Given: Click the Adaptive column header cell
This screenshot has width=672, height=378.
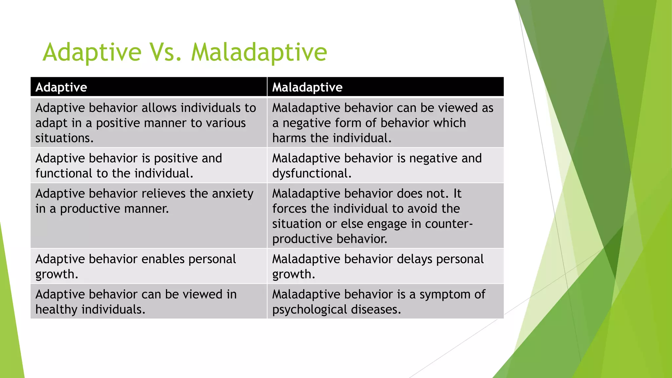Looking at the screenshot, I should (149, 87).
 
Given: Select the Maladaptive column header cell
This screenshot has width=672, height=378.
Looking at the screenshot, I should (385, 87).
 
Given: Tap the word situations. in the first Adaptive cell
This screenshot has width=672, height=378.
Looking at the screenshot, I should (64, 138).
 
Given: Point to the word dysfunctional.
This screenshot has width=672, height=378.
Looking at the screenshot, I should (312, 173).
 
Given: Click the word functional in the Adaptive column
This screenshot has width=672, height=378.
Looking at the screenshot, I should (64, 173).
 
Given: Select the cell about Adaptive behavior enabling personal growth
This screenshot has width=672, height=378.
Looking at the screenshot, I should (149, 266).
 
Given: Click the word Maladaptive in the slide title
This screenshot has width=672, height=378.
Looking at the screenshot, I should (259, 52).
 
